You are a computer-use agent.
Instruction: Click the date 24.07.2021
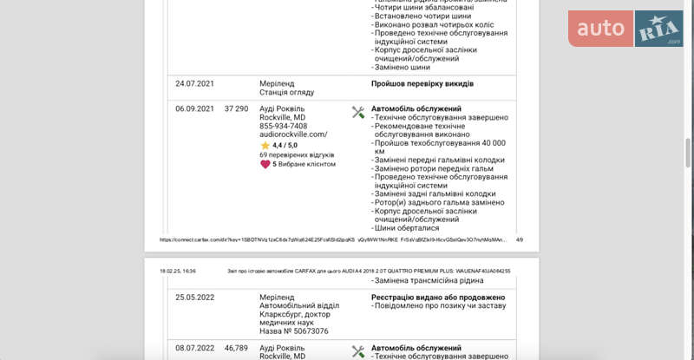(x=194, y=84)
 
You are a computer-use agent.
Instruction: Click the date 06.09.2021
(x=194, y=108)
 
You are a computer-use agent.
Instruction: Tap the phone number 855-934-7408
(x=283, y=126)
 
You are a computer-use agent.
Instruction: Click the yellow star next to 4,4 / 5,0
(x=265, y=145)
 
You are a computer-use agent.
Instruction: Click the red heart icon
(x=265, y=163)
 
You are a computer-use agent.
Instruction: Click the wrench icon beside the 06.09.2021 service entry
(x=358, y=112)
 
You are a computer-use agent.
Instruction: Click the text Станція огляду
(x=286, y=92)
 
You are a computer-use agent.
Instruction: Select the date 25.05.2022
(x=194, y=298)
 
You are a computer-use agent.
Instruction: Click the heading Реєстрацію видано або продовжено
(x=438, y=298)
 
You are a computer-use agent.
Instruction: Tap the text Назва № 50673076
(x=293, y=331)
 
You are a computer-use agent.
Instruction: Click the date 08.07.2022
(x=194, y=348)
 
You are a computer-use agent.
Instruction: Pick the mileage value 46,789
(x=236, y=348)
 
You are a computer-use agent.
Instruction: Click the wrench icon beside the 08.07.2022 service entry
(x=358, y=350)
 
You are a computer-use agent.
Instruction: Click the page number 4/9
(x=520, y=239)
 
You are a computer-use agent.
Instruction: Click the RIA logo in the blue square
(x=659, y=29)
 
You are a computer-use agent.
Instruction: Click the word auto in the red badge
(x=601, y=29)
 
